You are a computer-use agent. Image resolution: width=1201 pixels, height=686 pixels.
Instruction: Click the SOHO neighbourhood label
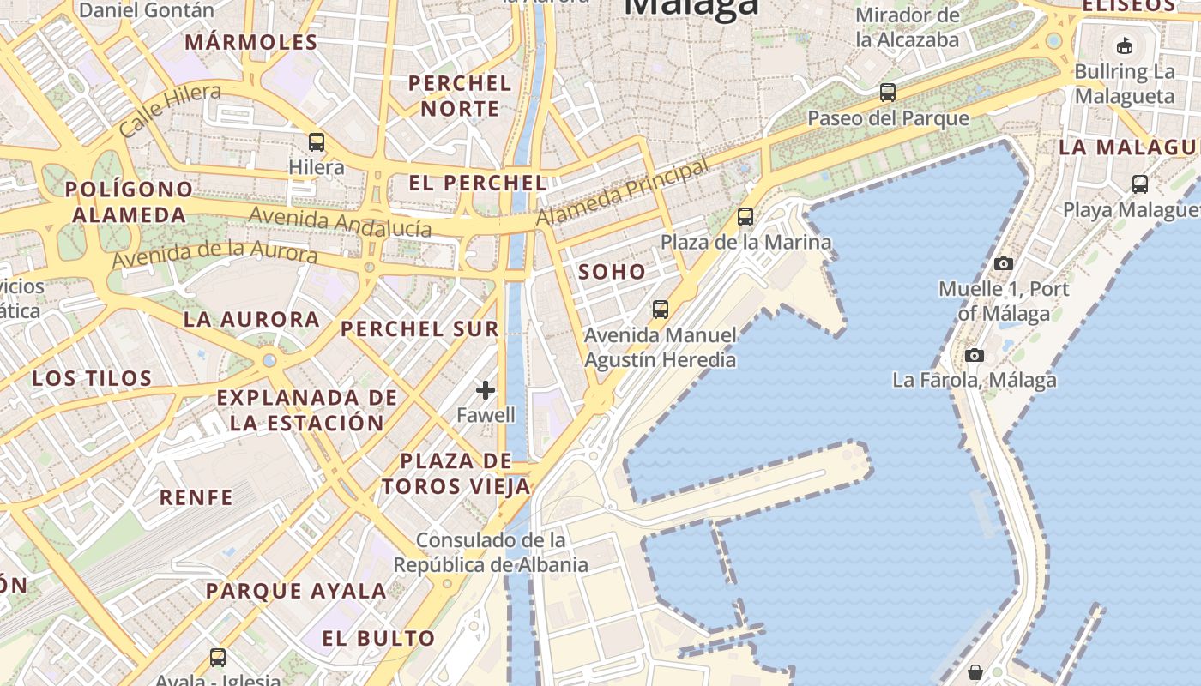(x=612, y=273)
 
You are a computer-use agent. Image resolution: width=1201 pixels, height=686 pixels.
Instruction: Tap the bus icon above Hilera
(x=317, y=142)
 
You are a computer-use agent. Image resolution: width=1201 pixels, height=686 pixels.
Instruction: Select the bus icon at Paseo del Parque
(x=888, y=93)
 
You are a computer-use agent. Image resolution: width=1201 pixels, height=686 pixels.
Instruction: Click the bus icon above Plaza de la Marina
(x=745, y=217)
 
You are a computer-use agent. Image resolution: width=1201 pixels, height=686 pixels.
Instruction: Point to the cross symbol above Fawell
(x=486, y=390)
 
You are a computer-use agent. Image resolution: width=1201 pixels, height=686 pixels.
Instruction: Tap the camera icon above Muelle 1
(x=1003, y=263)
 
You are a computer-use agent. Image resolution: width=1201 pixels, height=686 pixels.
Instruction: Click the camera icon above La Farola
(x=974, y=355)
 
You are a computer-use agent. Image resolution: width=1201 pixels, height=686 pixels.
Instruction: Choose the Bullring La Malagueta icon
(x=1124, y=45)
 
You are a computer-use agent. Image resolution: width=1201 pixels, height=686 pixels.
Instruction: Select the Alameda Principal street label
(x=623, y=193)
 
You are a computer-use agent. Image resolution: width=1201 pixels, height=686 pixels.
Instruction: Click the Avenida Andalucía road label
(x=340, y=222)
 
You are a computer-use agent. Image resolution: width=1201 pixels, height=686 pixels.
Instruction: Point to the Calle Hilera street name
(x=170, y=111)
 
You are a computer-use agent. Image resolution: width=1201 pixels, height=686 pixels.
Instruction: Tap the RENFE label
(x=196, y=497)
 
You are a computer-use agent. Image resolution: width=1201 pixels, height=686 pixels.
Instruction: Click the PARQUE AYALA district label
(x=296, y=591)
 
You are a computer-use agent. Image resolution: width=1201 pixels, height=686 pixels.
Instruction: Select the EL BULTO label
(x=378, y=639)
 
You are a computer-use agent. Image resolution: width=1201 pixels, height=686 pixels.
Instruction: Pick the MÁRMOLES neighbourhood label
(x=251, y=42)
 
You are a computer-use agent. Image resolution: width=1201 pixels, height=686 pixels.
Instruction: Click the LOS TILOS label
(x=92, y=378)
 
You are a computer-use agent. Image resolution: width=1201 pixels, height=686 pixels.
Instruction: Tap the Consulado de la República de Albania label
(x=491, y=552)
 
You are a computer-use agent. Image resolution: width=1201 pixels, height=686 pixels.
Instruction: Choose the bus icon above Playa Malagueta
(x=1139, y=184)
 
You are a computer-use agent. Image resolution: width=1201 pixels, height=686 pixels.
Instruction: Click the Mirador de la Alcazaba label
(x=908, y=27)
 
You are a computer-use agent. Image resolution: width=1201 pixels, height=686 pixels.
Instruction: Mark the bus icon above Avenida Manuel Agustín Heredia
(x=660, y=310)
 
